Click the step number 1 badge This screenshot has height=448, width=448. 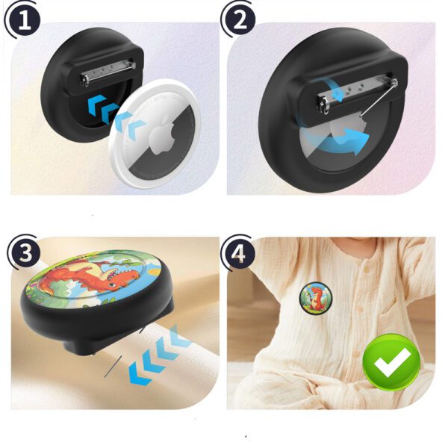(25, 20)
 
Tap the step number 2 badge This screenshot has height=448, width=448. (240, 20)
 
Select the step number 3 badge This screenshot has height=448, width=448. (25, 252)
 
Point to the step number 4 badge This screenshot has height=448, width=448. (239, 252)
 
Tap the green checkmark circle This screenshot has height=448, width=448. (392, 362)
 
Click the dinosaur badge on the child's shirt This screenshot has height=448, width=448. (315, 297)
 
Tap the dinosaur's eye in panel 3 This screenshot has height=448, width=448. (111, 284)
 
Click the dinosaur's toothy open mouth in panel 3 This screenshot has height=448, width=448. (113, 274)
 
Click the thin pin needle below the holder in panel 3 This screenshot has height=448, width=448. (113, 367)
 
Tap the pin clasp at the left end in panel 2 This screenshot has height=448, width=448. (323, 105)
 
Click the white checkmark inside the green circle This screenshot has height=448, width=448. (392, 361)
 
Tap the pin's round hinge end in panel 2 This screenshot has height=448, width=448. (394, 83)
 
